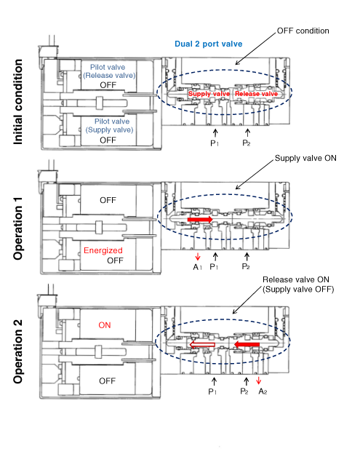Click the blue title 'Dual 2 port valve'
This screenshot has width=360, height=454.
pos(208,44)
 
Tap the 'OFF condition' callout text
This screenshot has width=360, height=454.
pos(303,31)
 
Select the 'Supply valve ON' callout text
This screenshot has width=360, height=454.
pos(305,158)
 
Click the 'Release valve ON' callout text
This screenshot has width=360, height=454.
pos(296,279)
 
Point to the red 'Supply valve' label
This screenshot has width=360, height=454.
pos(209,94)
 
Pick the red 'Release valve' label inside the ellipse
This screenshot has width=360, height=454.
pos(257,94)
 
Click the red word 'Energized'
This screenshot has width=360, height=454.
pos(103,250)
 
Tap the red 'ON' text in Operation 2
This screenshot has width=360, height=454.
pos(105,325)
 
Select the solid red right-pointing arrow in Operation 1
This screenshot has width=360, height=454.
pos(200,220)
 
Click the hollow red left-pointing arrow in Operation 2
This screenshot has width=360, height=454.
pos(202,345)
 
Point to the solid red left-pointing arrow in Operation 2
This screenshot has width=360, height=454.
pos(247,344)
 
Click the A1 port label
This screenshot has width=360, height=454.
pos(197,267)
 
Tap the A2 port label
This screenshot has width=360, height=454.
pos(263,391)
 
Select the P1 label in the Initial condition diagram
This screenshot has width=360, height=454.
pos(215,143)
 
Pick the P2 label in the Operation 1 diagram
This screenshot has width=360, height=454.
pos(246,266)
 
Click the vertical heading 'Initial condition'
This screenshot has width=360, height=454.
pos(18,102)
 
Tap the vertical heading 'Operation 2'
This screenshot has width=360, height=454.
pos(18,352)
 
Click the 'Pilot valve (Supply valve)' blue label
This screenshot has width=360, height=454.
pos(109,126)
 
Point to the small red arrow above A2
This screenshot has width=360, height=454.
pos(259,381)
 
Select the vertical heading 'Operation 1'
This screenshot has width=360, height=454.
pos(18,228)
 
